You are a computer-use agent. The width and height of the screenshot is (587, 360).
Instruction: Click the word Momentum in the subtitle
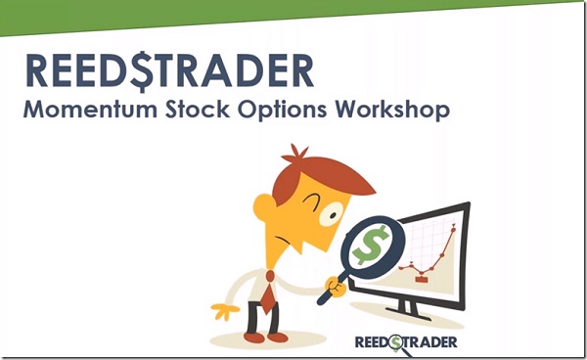[x=79, y=111]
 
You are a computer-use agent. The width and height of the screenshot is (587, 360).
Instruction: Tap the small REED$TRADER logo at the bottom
[x=405, y=341]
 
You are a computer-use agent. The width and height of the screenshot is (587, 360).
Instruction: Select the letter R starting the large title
[x=36, y=70]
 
